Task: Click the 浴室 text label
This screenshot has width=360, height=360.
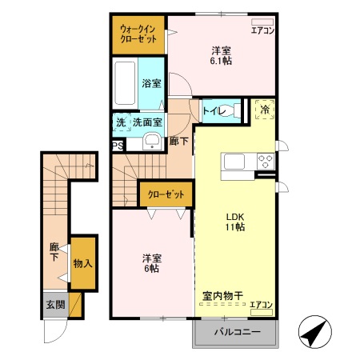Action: [150, 82]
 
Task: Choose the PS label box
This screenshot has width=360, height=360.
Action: [118, 146]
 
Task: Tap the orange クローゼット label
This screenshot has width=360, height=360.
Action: [166, 194]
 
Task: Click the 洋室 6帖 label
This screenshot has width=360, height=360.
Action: [152, 262]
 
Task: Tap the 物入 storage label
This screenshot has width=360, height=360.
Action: [82, 263]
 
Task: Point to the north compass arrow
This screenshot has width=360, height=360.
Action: [315, 330]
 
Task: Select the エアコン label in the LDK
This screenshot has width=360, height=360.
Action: [262, 304]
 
